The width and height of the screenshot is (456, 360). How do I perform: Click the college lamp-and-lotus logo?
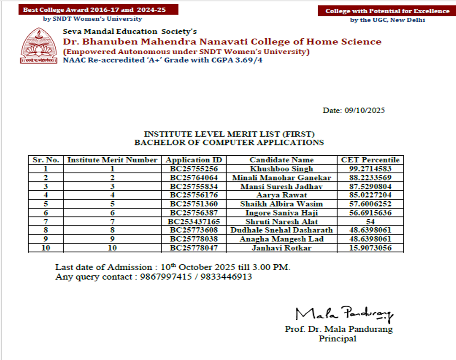click(39, 46)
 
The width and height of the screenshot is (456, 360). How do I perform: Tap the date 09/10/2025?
click(364, 111)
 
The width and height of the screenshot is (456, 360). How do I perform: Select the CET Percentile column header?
click(370, 160)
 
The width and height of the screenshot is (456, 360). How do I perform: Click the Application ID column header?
click(194, 160)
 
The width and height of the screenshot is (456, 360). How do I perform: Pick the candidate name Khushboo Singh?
click(281, 169)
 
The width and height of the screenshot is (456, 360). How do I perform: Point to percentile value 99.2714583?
click(370, 169)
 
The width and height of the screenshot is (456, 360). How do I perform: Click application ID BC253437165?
click(194, 222)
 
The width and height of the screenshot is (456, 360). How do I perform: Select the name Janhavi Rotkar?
click(281, 248)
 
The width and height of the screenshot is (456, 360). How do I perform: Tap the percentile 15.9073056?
click(370, 248)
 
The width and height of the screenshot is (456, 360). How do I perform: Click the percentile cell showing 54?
click(370, 222)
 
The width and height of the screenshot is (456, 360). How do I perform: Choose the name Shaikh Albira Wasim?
click(281, 204)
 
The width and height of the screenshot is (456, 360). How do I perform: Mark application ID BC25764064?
click(194, 178)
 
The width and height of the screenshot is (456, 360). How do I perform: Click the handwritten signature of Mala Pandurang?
click(344, 313)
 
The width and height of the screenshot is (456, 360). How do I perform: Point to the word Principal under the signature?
click(337, 338)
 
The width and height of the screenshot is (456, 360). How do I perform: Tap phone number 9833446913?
click(229, 277)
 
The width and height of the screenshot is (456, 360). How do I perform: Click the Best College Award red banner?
click(92, 10)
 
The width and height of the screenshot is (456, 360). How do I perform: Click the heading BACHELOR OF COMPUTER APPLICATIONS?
click(229, 142)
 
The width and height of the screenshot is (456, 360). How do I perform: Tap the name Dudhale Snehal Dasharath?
click(281, 230)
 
